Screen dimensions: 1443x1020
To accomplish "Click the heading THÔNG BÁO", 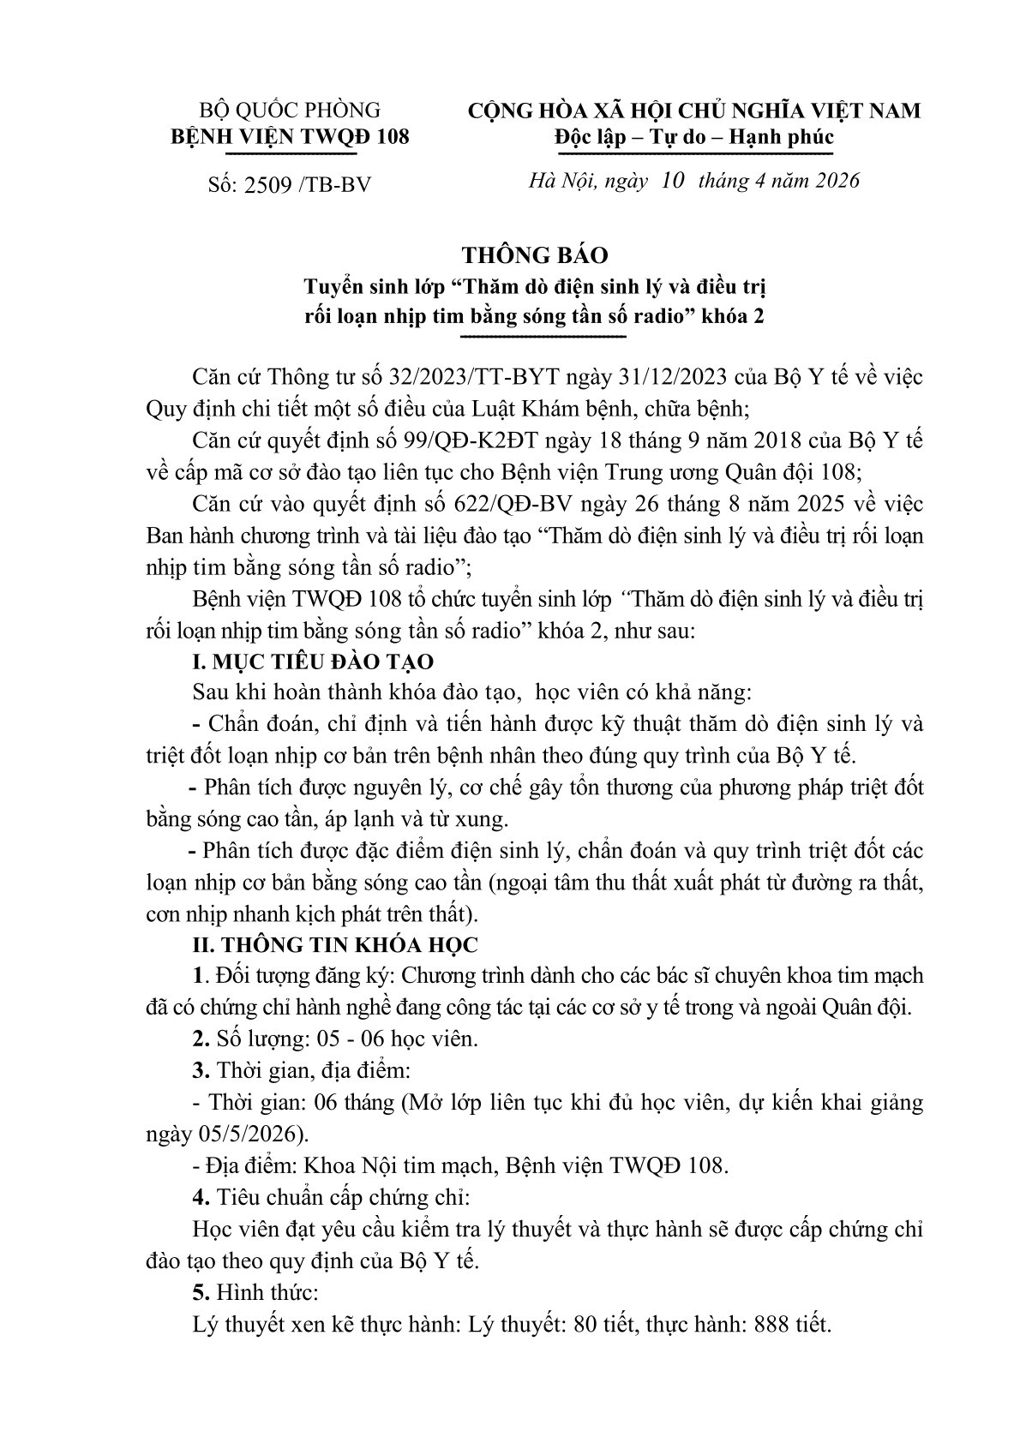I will tap(534, 256).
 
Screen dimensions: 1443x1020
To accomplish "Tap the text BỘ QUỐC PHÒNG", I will tap(289, 111).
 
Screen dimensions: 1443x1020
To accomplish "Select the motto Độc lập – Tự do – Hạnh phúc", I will tap(694, 137).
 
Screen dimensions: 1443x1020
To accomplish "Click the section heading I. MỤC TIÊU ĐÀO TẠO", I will tap(315, 662).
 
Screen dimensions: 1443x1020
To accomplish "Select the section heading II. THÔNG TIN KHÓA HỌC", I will tap(336, 945).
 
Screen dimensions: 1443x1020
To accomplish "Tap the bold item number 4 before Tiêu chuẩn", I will tap(200, 1198).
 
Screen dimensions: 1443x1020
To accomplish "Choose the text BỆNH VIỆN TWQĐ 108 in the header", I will tap(289, 136).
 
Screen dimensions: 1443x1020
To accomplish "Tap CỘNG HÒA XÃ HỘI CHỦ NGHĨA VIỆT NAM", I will tap(694, 111).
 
